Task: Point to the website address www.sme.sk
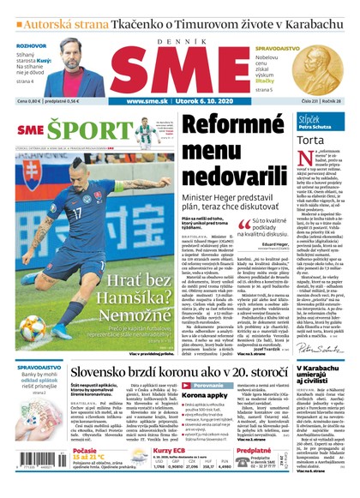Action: [150, 101]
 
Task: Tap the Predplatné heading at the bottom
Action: [255, 450]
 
